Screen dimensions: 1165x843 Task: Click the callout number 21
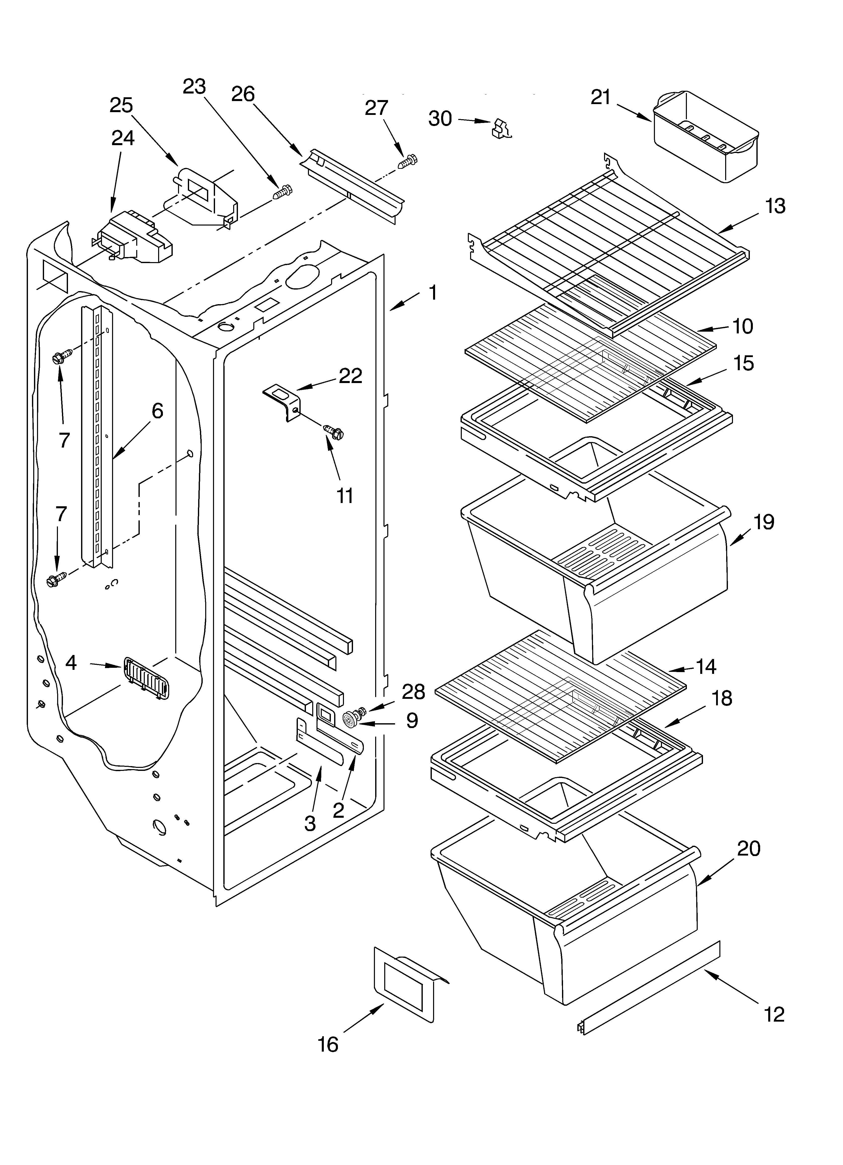coord(601,97)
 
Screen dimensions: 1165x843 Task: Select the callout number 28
coord(413,691)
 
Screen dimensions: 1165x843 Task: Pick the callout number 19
coord(763,521)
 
